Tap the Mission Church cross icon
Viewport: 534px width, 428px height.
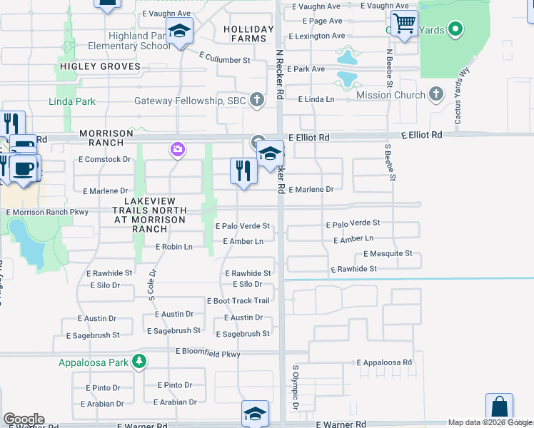pyautogui.click(x=435, y=95)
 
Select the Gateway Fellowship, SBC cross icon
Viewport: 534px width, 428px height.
pyautogui.click(x=258, y=101)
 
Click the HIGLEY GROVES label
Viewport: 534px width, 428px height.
pyautogui.click(x=99, y=66)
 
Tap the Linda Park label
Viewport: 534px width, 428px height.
pyautogui.click(x=71, y=101)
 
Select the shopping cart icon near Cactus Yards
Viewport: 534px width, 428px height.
pyautogui.click(x=404, y=24)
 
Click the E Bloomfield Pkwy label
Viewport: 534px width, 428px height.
pyautogui.click(x=208, y=353)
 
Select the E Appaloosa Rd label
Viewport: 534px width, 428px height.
pyautogui.click(x=384, y=362)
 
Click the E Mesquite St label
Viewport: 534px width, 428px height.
pyautogui.click(x=388, y=253)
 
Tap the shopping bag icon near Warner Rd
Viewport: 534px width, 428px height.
pyautogui.click(x=499, y=407)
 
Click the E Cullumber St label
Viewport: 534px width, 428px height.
pyautogui.click(x=224, y=60)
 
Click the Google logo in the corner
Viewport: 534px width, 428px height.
pyautogui.click(x=24, y=419)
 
